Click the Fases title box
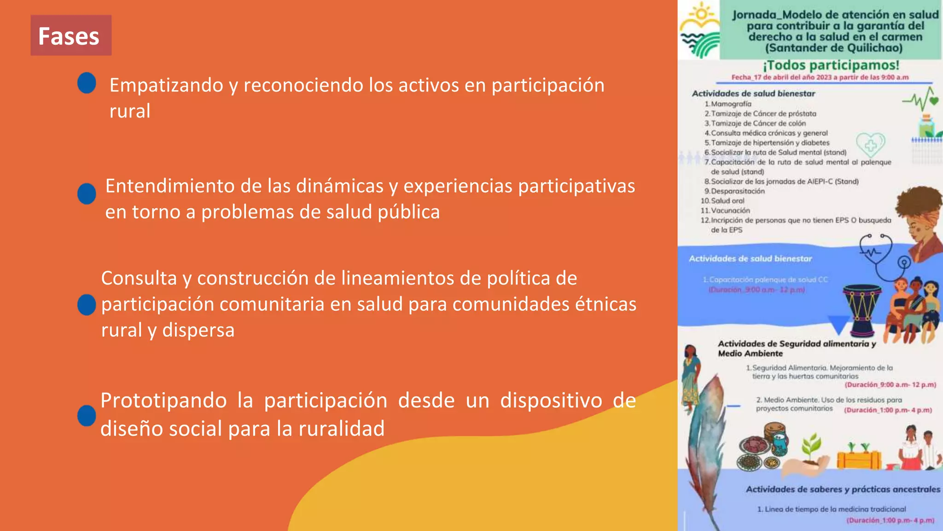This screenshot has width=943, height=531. click(x=70, y=35)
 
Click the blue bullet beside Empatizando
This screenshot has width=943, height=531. click(x=87, y=83)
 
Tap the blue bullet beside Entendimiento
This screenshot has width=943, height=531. click(x=87, y=194)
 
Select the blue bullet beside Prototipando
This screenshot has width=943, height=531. click(x=87, y=415)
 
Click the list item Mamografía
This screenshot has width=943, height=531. click(x=731, y=104)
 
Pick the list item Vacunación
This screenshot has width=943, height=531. click(x=730, y=211)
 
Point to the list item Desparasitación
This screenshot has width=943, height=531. click(x=738, y=191)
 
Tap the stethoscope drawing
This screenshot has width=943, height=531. click(x=882, y=256)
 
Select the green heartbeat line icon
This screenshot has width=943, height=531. click(x=920, y=99)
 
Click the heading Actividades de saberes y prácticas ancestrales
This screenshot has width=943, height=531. click(x=843, y=490)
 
